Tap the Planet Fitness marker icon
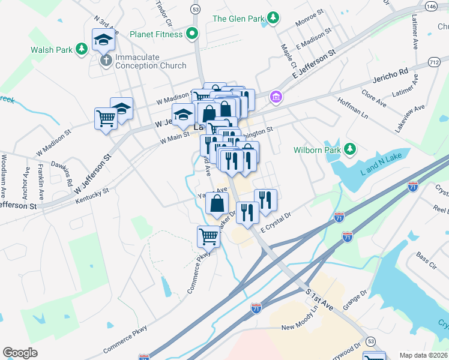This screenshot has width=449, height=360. coord(192,34)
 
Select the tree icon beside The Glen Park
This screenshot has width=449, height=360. coord(273,18)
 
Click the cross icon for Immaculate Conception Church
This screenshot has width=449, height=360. coord(106,60)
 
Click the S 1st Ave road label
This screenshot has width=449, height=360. coord(319,298)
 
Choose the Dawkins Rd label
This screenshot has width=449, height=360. coord(66,172)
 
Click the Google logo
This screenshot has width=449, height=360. coord(20,353)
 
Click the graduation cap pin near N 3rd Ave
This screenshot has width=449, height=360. coord(103,40)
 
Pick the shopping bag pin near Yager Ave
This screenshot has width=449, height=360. coord(217,203)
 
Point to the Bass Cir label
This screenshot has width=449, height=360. coord(426,259)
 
